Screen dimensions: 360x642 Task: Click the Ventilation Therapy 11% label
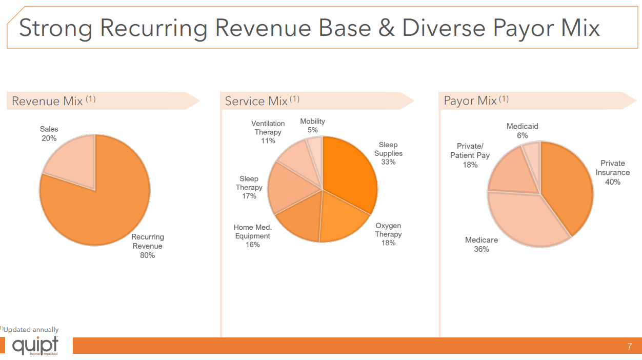268,132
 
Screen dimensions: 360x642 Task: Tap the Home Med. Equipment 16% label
253,236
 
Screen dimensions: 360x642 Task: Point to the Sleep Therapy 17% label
249,187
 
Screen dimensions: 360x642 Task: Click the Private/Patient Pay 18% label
470,155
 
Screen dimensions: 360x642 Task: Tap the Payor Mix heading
470,101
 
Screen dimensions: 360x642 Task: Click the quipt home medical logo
35,346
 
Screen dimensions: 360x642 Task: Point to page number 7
630,347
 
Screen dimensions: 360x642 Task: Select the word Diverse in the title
444,28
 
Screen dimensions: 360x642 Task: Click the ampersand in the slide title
386,28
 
